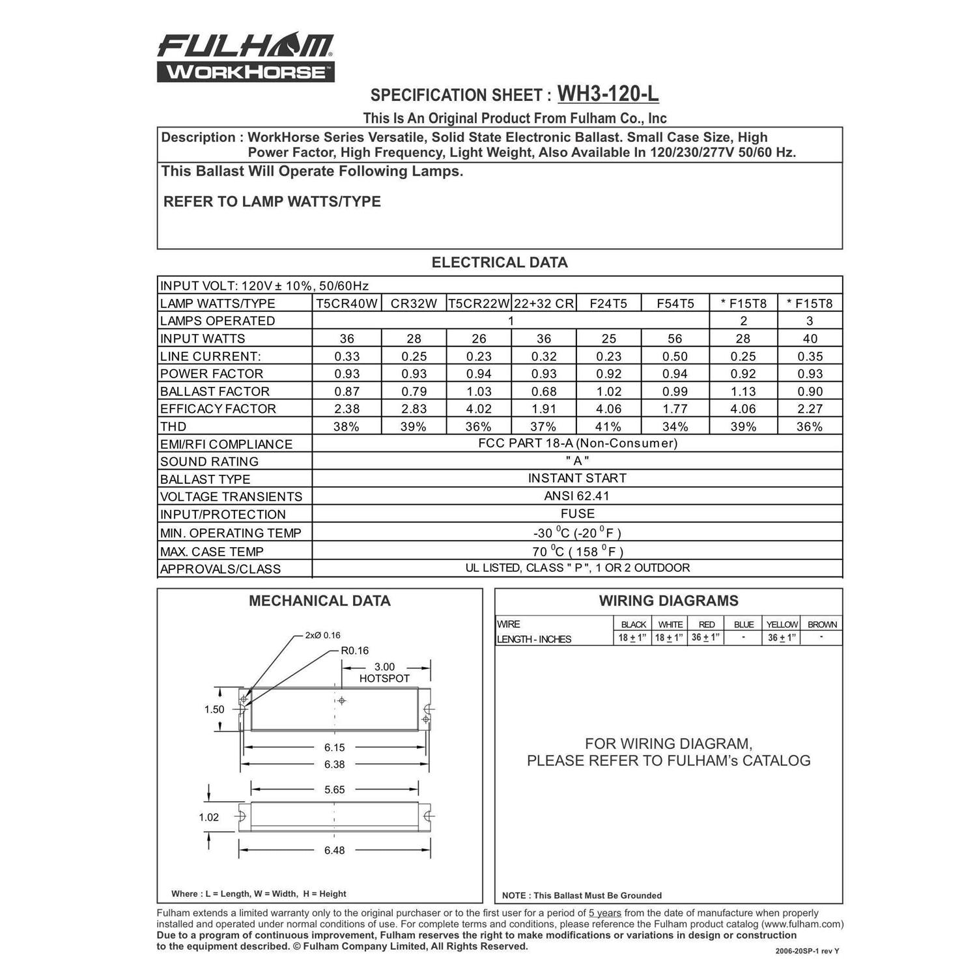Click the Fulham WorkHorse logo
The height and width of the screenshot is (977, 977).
tap(246, 58)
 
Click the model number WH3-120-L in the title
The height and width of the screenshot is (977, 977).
tap(608, 94)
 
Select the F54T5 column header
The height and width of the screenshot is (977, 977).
tap(675, 303)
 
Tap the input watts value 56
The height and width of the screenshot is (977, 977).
tap(675, 339)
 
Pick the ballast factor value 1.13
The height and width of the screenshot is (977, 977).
tap(743, 391)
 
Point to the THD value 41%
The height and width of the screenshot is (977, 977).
tap(608, 427)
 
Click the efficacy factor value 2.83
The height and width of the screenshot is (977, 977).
tap(414, 409)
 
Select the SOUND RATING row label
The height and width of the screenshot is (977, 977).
tap(209, 462)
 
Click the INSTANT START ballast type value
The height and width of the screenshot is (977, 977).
tap(577, 478)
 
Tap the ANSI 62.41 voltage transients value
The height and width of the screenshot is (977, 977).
tap(577, 496)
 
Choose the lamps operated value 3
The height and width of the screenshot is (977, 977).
tap(810, 320)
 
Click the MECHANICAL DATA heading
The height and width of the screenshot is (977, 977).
tap(319, 601)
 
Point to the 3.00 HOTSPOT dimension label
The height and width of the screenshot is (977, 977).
tap(384, 672)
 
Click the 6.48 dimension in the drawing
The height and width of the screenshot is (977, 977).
tap(334, 850)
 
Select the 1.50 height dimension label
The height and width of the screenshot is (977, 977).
tap(214, 709)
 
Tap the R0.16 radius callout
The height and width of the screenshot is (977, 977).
tap(354, 650)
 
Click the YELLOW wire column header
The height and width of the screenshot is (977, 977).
tap(782, 624)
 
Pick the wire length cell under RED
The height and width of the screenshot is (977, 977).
tap(706, 638)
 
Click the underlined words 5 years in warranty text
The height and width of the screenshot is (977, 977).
tap(605, 913)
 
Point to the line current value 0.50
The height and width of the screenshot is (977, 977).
tap(675, 356)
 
